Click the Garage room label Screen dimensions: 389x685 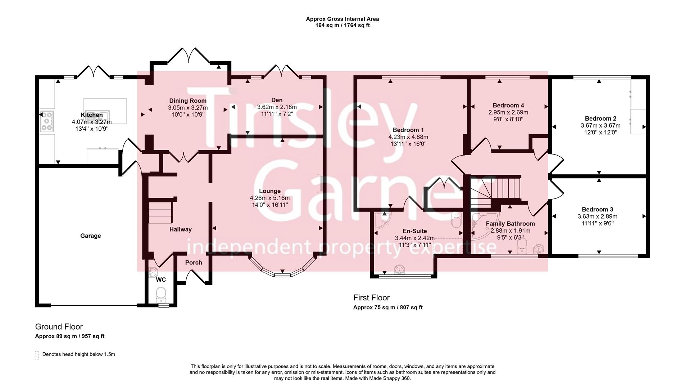click(x=90, y=236)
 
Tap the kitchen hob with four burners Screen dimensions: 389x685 click(x=47, y=121)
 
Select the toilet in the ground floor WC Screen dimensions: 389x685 click(x=161, y=294)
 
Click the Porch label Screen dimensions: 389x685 click(x=194, y=263)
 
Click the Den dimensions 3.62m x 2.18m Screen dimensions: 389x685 click(x=277, y=107)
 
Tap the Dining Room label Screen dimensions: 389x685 click(x=188, y=101)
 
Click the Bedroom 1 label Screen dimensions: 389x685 click(x=408, y=130)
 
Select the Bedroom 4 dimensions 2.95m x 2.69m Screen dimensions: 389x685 click(x=508, y=112)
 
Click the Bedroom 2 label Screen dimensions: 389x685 click(x=600, y=119)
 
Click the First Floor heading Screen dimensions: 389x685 click(x=371, y=298)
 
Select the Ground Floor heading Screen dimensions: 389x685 click(x=59, y=327)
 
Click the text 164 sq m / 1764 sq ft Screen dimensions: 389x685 click(x=342, y=25)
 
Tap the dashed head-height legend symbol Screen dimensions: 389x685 click(x=37, y=355)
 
